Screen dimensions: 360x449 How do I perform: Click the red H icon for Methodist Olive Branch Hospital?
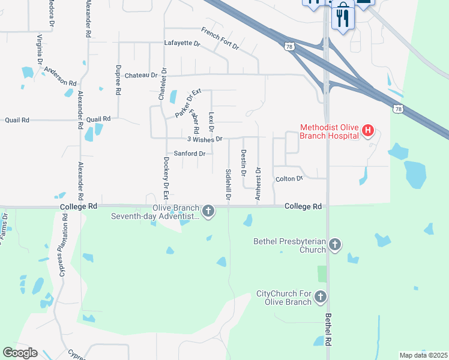[x=369, y=130]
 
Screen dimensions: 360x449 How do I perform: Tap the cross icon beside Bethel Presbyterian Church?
[x=335, y=244]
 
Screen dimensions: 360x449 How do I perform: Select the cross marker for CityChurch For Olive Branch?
[x=321, y=296]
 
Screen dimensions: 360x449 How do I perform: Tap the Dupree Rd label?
[x=119, y=79]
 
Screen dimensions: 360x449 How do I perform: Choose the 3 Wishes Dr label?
[x=205, y=139]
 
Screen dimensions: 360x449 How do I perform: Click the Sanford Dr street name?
[x=190, y=154]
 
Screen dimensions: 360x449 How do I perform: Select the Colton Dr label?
[x=289, y=179]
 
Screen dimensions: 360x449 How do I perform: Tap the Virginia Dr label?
[x=40, y=49]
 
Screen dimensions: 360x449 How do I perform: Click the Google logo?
[x=20, y=353]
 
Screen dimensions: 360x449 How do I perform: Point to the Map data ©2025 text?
[x=423, y=355]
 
